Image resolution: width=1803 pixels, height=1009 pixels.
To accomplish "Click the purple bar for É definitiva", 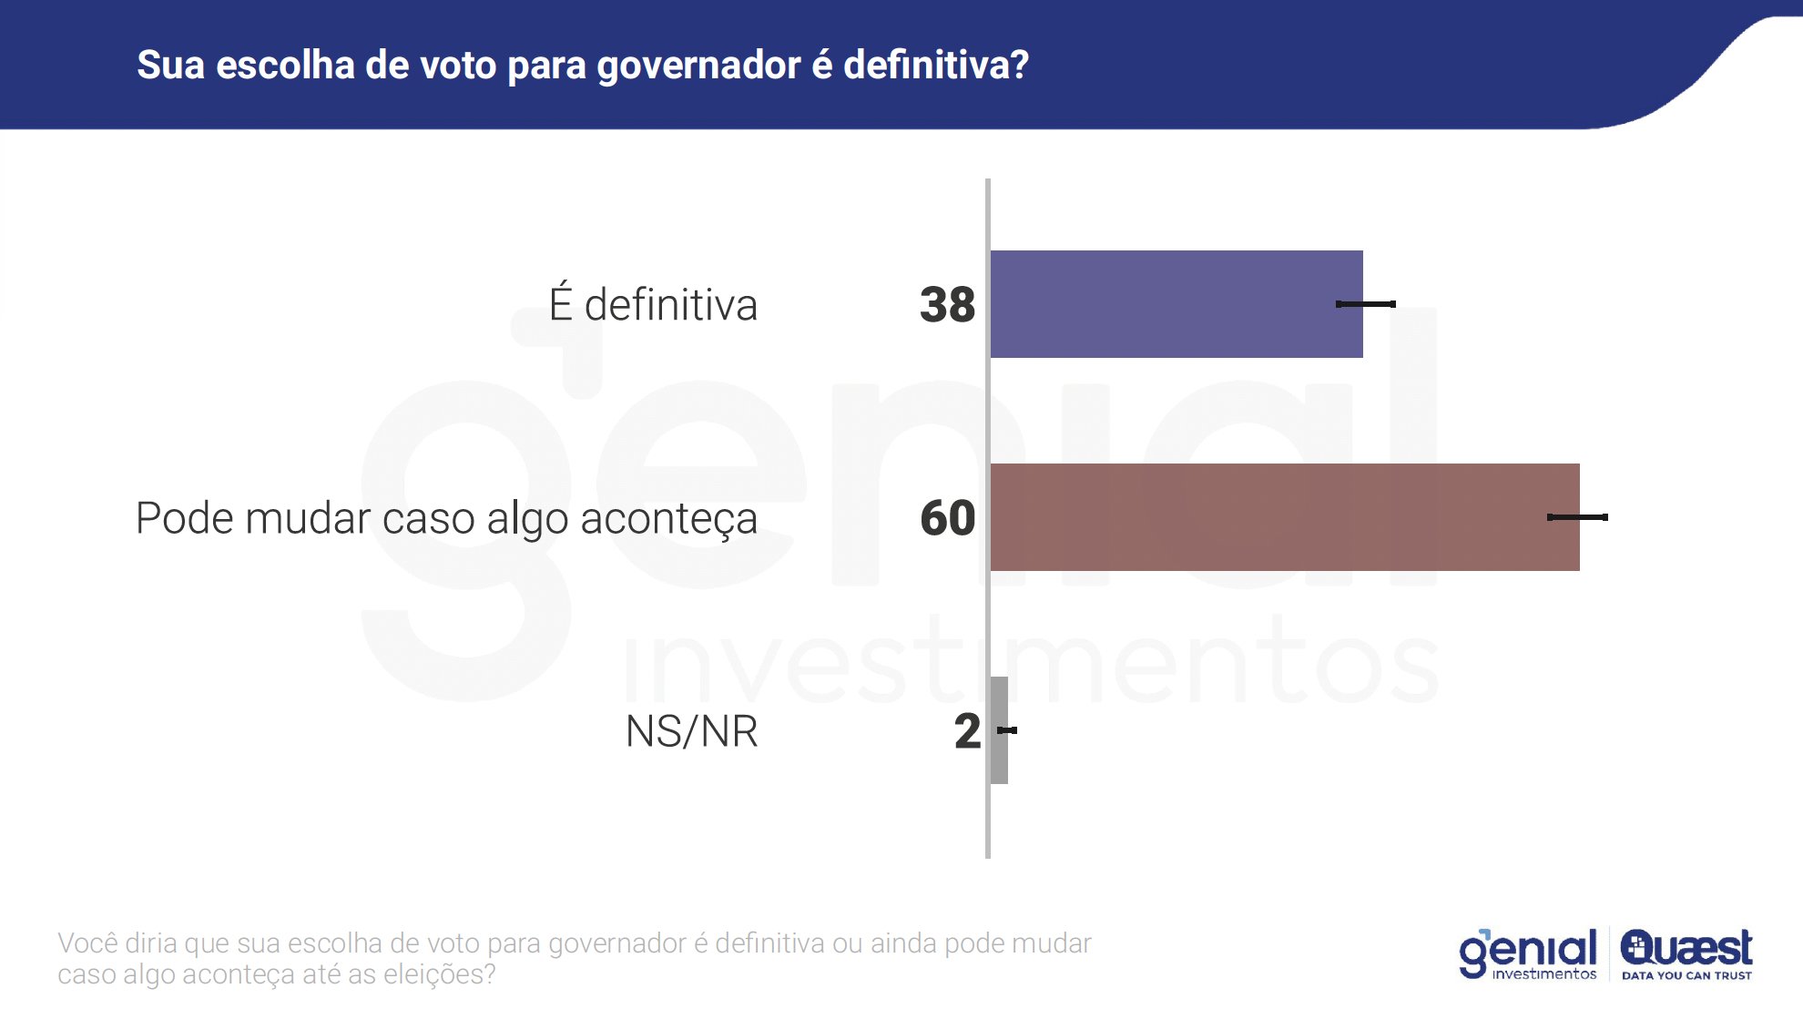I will click(1175, 304).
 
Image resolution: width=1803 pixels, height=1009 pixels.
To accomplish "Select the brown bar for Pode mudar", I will click(1284, 517).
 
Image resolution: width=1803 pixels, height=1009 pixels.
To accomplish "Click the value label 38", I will click(947, 304).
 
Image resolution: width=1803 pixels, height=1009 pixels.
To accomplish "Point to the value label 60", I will click(947, 517).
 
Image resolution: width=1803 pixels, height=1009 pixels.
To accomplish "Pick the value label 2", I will click(967, 730).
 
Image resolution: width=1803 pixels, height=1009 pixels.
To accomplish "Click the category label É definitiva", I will click(653, 304).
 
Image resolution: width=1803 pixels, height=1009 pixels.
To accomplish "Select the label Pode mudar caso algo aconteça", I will click(446, 519).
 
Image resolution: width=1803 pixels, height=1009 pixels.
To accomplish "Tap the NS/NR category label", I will click(691, 731).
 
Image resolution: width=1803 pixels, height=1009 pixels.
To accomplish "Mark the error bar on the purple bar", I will click(1365, 304).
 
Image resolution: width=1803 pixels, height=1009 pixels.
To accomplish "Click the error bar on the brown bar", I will click(1577, 517).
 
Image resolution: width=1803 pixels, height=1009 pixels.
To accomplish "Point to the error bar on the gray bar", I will click(1007, 730).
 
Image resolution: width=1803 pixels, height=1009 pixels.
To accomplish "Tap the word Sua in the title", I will click(170, 66).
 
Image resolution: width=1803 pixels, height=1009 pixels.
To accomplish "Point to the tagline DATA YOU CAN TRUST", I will click(1686, 975).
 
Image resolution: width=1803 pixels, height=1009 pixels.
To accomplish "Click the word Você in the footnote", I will click(87, 943).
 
